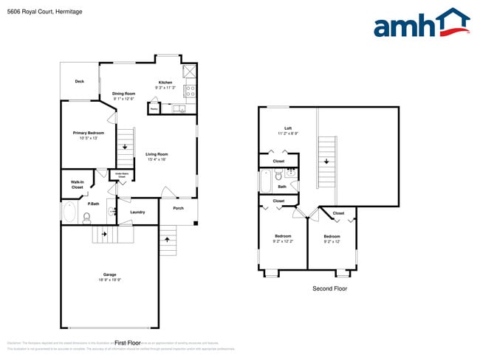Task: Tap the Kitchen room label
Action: pos(165,82)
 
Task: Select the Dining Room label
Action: pos(123,94)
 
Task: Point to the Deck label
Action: pos(79,82)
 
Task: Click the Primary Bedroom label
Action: pos(88,133)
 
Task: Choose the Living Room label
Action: pos(157,154)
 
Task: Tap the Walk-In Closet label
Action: pos(77,184)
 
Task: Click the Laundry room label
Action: pos(137,212)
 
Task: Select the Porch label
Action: pos(178,208)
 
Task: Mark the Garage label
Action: pos(109,274)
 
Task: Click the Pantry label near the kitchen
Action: pos(154,109)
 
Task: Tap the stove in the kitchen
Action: pos(189,91)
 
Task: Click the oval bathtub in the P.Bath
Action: pos(70,213)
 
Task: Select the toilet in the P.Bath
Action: pos(86,217)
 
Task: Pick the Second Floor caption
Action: pos(329,288)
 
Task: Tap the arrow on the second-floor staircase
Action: pos(326,160)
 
